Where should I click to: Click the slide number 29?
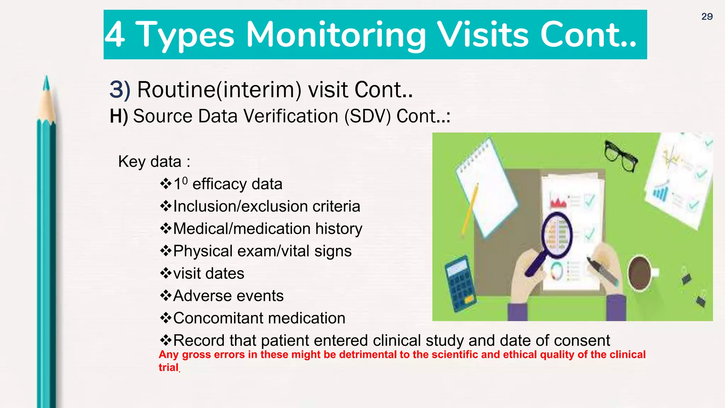(707, 17)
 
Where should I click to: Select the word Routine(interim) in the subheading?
(219, 90)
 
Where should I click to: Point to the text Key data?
(150, 161)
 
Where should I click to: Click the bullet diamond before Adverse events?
(166, 295)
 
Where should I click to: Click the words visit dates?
(209, 273)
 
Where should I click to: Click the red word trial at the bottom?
(168, 367)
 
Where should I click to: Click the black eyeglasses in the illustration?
(620, 155)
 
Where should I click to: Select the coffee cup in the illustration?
(640, 273)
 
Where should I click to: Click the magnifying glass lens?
(557, 234)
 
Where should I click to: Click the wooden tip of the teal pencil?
(46, 103)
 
